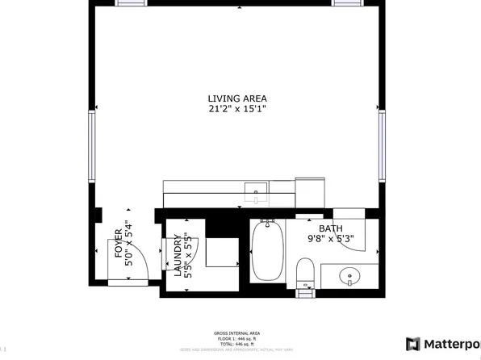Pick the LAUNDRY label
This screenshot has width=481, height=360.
tap(178, 257)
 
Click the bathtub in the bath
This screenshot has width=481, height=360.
tap(266, 251)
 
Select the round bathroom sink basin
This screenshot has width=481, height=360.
tap(349, 274)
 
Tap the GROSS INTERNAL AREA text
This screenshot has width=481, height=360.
tap(236, 333)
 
